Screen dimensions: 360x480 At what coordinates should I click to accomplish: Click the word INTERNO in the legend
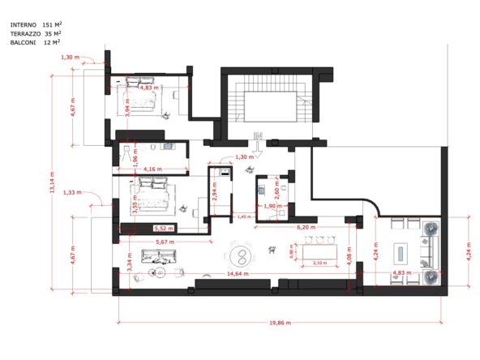24,24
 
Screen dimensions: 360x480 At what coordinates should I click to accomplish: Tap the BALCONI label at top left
23,42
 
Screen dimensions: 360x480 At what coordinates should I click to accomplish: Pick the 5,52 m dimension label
165,229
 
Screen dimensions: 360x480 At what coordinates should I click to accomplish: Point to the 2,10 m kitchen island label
320,264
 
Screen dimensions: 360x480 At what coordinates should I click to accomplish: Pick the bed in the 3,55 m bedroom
154,195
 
